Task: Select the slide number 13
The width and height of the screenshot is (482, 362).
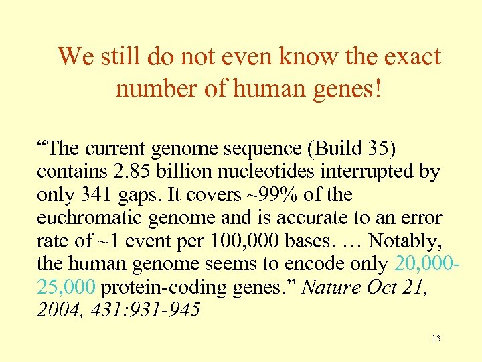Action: (x=436, y=338)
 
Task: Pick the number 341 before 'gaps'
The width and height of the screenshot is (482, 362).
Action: (x=98, y=195)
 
